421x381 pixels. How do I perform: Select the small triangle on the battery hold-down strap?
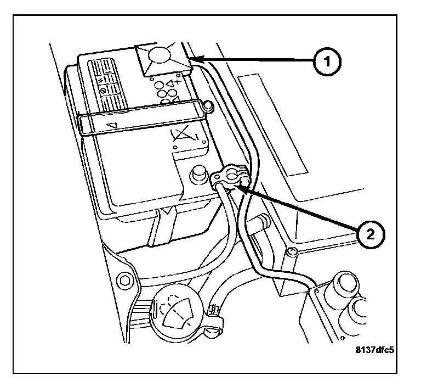(x=112, y=126)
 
